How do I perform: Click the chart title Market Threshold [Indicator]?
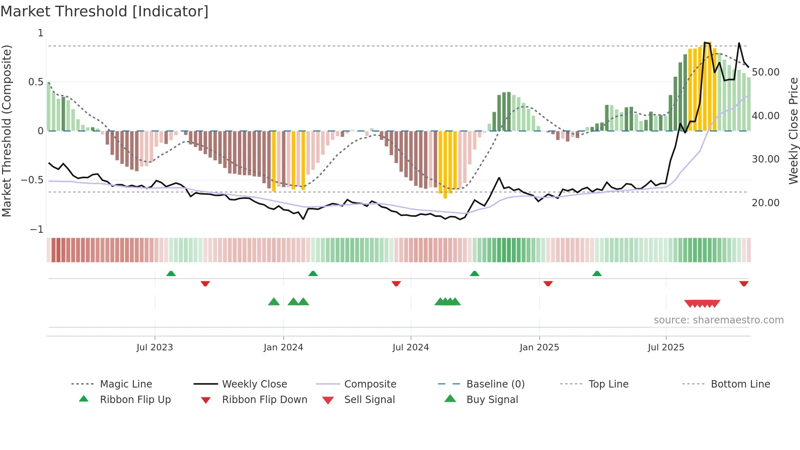tap(104, 11)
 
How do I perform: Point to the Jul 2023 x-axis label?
tap(155, 348)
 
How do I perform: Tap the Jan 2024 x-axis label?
tap(283, 348)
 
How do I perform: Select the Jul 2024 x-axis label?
tap(411, 348)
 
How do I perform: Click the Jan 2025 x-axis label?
tap(539, 348)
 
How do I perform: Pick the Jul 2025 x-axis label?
tap(666, 348)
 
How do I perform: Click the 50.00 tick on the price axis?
tap(765, 72)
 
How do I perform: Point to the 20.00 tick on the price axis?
tap(765, 203)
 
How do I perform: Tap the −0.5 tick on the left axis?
tap(32, 180)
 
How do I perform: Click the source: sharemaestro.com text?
tap(718, 320)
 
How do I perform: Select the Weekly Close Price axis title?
tap(793, 131)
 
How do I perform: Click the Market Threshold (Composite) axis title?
tap(7, 131)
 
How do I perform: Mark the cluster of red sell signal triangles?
tap(702, 303)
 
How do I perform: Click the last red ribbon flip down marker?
tap(744, 283)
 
